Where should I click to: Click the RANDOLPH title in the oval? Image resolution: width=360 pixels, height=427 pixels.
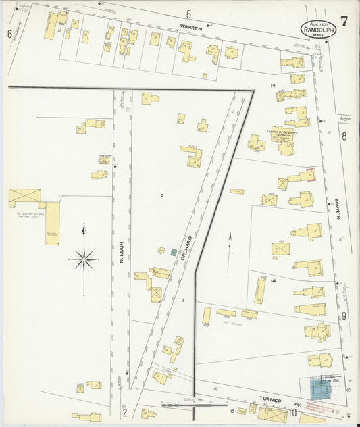click(319, 30)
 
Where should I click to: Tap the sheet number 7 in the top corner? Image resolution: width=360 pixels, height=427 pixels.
click(344, 21)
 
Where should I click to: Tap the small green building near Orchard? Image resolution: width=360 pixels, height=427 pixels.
click(174, 252)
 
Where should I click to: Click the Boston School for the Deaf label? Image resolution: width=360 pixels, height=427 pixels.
click(30, 216)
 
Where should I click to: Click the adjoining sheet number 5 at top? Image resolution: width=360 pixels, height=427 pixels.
click(188, 14)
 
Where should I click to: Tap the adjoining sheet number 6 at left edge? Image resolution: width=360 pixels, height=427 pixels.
click(9, 34)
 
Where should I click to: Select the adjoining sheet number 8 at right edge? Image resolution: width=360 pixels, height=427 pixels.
click(344, 136)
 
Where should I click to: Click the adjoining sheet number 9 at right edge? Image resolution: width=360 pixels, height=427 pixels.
click(344, 315)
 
